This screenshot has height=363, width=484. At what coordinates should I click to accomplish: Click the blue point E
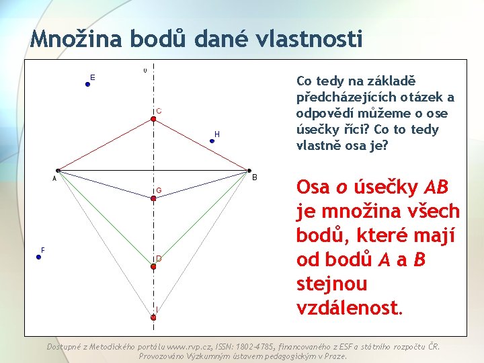87,84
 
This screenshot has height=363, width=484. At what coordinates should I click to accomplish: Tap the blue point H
212,140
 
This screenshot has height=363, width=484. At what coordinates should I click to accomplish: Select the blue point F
39,256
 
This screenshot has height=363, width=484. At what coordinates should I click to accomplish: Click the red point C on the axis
153,119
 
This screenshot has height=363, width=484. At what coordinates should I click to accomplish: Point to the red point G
153,197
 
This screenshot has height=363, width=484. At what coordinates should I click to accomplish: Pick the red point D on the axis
153,266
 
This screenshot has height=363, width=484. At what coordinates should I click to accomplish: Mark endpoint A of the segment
58,171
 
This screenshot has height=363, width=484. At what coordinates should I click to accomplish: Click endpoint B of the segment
249,171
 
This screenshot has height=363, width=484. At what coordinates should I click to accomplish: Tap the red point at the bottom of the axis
153,316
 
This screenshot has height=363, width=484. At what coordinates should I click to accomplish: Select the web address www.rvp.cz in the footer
190,347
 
